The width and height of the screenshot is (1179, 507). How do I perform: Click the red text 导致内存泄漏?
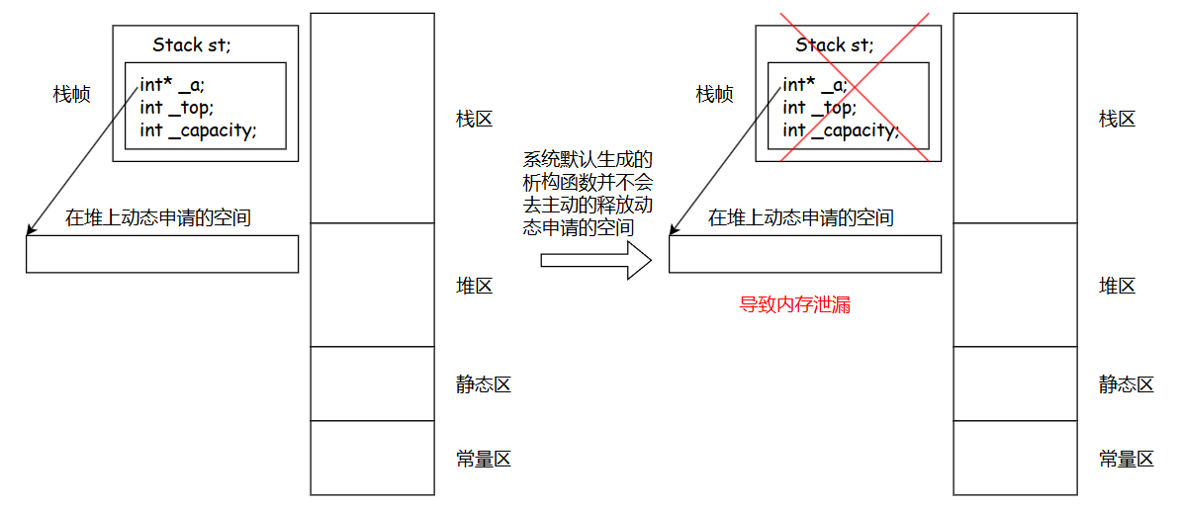point(794,305)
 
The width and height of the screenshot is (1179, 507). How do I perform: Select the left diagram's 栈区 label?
point(474,120)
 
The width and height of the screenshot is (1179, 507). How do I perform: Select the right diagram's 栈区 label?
point(1117,120)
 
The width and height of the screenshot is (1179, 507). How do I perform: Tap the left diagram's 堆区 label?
point(474,287)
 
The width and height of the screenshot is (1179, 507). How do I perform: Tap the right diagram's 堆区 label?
point(1117,287)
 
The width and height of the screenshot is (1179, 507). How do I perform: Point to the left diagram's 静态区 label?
point(483,384)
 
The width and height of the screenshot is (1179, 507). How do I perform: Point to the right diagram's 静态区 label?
point(1126,384)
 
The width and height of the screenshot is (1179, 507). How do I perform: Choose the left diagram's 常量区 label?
point(483,459)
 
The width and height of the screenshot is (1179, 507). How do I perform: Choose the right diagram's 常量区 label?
point(1126,459)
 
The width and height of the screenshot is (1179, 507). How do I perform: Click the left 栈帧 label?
point(71,95)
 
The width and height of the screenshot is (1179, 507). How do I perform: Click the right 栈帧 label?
point(714,95)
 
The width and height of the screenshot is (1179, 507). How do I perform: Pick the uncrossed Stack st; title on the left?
point(192,45)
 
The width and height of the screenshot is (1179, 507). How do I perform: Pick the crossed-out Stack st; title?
point(835,45)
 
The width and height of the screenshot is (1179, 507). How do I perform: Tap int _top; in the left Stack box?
point(176,108)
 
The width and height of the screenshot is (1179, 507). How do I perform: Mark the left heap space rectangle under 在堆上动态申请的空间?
point(161,254)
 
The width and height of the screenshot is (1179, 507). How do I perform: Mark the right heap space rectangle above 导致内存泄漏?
point(804,254)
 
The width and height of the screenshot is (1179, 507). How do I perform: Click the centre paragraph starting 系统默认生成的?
point(588,194)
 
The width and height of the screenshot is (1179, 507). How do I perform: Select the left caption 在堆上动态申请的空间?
point(158,218)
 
